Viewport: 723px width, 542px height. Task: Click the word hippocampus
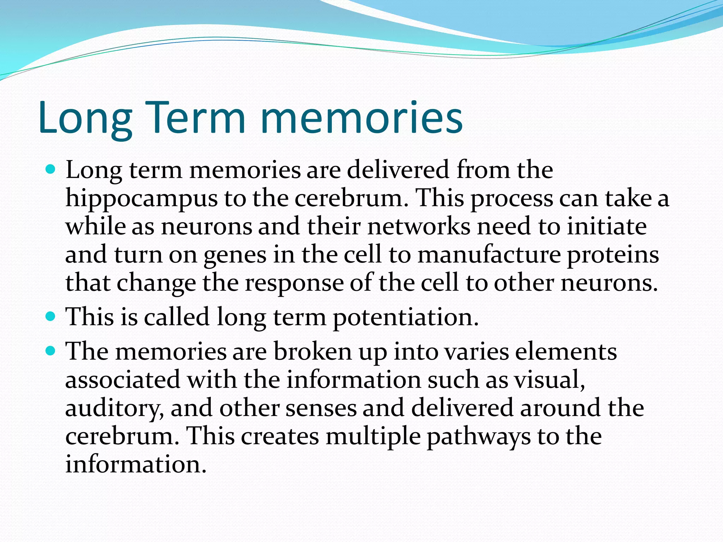(x=142, y=199)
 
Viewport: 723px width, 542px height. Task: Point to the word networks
(x=419, y=226)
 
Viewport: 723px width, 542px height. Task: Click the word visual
(x=549, y=380)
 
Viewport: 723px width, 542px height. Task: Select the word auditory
(x=114, y=409)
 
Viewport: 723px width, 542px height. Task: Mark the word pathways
(x=478, y=437)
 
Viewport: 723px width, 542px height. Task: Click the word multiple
(x=373, y=437)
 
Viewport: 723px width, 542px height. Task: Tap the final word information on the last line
(x=135, y=464)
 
